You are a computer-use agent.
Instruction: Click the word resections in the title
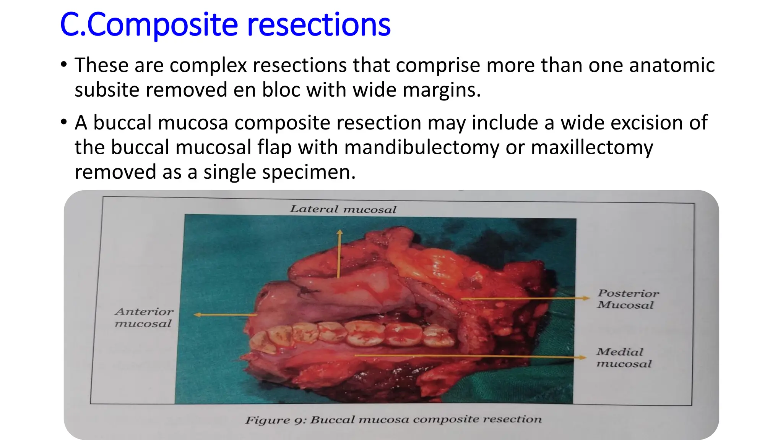coord(319,25)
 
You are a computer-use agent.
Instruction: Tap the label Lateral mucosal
coord(343,209)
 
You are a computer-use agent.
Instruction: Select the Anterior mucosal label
coord(144,317)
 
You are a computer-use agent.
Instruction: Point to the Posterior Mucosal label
coord(628,299)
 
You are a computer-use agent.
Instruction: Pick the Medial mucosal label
coord(623,357)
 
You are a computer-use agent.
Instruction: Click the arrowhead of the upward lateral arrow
coord(340,232)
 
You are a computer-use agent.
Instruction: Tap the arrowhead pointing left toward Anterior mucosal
coord(197,315)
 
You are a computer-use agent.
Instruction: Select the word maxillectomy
coord(592,147)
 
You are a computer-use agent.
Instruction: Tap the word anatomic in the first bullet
coord(672,65)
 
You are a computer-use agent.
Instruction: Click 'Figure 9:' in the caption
coord(275,420)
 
